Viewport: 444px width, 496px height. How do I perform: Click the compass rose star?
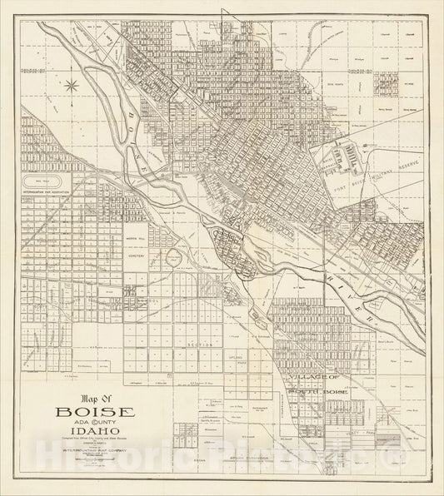pyautogui.click(x=74, y=84)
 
